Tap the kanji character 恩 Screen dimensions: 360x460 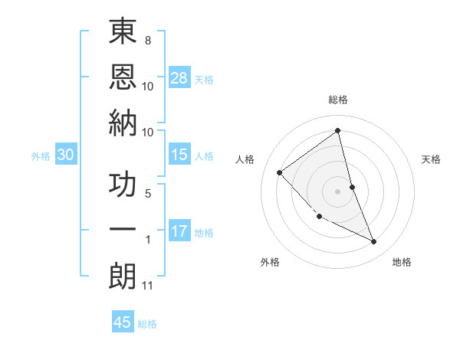123,77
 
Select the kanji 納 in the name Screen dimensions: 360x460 123,122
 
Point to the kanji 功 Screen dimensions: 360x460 123,185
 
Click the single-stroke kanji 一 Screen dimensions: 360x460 123,230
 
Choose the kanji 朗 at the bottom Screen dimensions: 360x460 123,276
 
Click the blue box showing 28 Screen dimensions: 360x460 179,77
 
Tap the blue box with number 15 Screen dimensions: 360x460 179,155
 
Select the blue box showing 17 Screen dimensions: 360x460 179,231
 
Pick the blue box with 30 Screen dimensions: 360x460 65,155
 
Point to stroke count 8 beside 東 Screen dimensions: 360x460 147,40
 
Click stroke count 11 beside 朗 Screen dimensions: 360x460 148,286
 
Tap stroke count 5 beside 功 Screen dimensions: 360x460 147,194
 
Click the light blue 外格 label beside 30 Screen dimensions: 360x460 41,156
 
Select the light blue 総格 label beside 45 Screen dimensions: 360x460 147,324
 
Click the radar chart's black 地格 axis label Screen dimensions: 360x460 402,263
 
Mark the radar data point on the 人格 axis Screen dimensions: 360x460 280,172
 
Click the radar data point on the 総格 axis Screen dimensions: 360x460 337,130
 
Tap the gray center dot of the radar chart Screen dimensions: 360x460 337,191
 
